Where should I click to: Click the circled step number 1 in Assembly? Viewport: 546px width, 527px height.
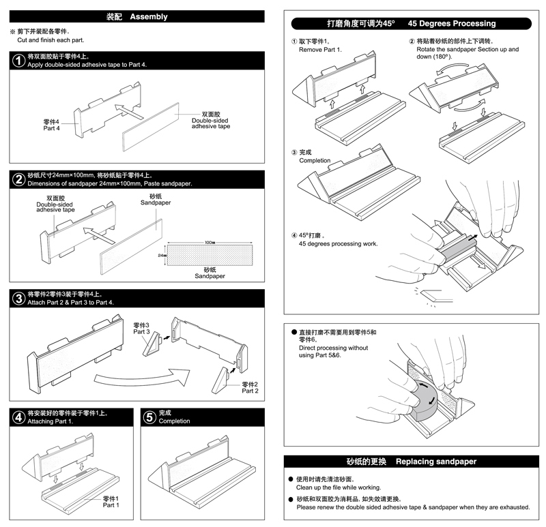(19, 61)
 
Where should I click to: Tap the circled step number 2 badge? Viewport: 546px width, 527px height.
(19, 179)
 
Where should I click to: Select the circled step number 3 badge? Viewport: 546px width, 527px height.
(19, 298)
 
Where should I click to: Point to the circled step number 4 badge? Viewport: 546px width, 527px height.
(19, 417)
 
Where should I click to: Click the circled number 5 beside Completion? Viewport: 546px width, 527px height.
(149, 417)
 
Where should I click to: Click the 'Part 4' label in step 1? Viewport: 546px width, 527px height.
(53, 127)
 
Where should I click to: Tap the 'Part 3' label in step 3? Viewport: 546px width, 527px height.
(142, 331)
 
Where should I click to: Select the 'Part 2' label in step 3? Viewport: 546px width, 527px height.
(250, 391)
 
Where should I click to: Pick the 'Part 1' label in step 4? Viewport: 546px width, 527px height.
(111, 505)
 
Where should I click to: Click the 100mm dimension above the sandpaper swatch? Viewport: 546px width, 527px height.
(209, 243)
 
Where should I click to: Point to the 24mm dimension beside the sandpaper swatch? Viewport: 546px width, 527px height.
(162, 256)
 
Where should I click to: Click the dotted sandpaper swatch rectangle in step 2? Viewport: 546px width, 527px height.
(210, 256)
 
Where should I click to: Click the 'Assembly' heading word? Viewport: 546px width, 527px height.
(148, 16)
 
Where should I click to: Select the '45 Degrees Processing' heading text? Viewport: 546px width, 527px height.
(452, 23)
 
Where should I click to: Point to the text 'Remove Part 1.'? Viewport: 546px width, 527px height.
(320, 50)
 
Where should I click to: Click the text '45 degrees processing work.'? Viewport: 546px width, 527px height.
(338, 243)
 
